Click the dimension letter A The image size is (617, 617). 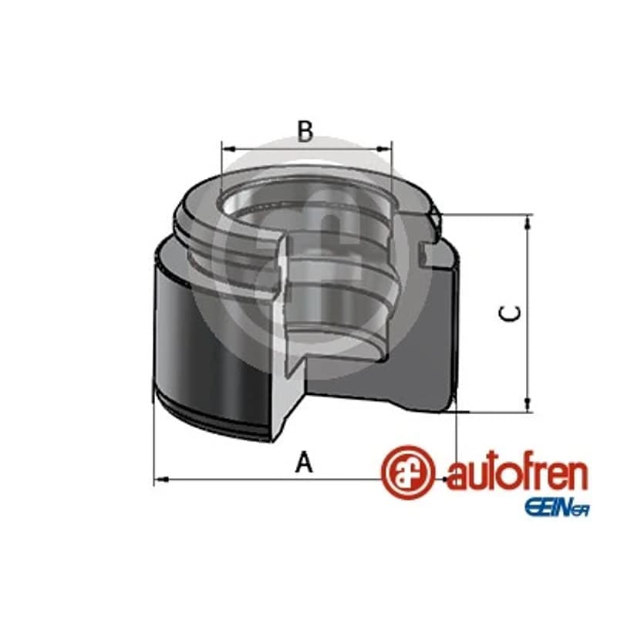[x=304, y=462]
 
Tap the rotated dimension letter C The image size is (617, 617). [x=510, y=313]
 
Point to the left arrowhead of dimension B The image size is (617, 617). [x=228, y=149]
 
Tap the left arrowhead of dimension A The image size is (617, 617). [x=161, y=479]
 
